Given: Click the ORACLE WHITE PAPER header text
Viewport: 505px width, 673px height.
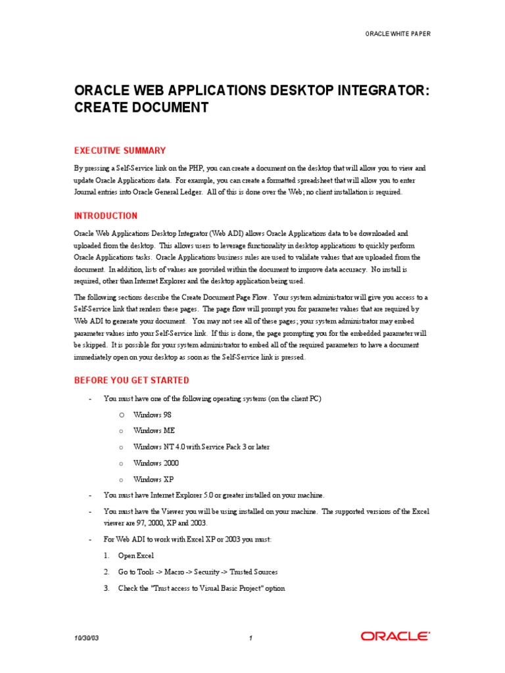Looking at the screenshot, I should click(398, 34).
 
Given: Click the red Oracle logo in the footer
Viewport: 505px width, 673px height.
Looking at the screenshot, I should click(395, 636).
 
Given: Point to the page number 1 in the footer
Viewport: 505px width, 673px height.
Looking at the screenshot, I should click(251, 637).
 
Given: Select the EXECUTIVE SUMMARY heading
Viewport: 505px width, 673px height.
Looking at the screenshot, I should click(120, 151).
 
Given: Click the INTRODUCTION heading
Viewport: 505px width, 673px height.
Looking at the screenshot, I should click(106, 216).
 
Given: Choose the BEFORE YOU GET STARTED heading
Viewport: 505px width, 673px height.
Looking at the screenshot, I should click(132, 381).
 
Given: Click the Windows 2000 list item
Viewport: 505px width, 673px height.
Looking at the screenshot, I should click(155, 463).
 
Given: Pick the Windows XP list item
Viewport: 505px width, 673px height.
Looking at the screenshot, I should click(153, 480).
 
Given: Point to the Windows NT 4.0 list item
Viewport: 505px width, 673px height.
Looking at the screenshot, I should click(201, 447).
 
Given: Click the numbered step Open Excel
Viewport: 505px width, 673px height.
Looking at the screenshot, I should click(136, 555).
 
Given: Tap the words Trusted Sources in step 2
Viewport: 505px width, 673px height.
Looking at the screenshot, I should click(254, 572).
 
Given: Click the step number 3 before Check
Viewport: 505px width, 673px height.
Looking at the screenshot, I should click(106, 588).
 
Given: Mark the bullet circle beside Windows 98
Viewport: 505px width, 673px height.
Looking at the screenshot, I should click(122, 415).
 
